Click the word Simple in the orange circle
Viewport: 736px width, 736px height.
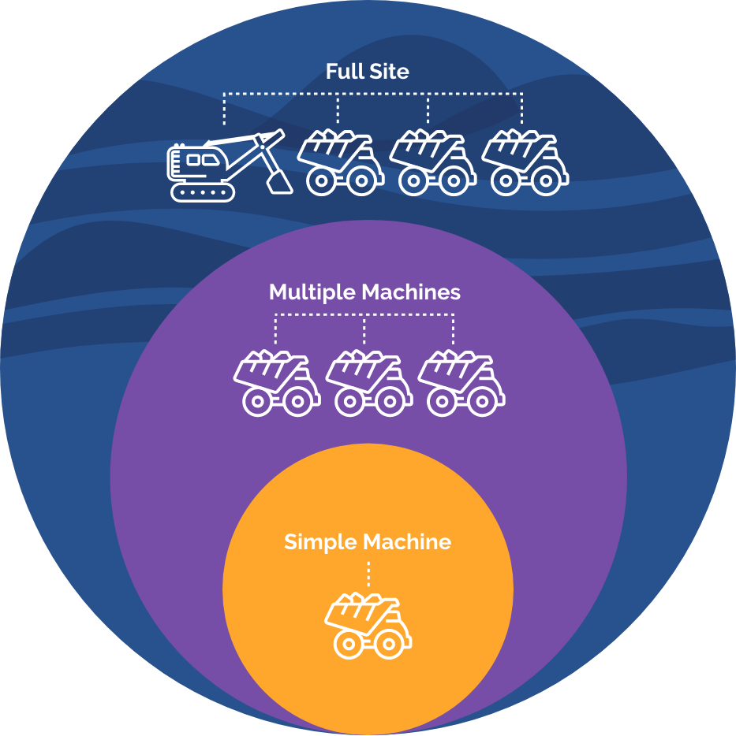[319, 542]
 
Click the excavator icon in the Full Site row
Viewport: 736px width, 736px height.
[225, 165]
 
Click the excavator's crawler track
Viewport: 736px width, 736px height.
[204, 191]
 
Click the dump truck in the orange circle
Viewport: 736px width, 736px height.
[368, 626]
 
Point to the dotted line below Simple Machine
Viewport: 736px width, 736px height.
[368, 574]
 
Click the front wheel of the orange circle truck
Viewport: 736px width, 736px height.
[387, 645]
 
